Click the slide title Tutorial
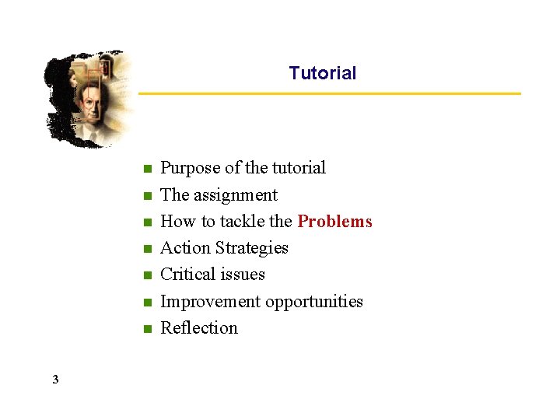[x=322, y=73]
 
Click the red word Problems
[x=334, y=222]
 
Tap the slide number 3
[x=55, y=380]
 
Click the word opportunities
[x=313, y=302]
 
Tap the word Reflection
[x=199, y=328]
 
